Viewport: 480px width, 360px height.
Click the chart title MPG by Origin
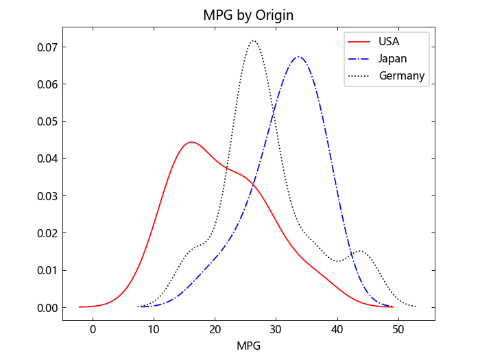tap(248, 14)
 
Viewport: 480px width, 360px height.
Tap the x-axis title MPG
tap(248, 346)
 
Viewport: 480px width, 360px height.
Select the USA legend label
tap(389, 41)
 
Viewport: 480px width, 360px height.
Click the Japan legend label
tap(393, 58)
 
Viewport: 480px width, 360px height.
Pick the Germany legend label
tap(402, 75)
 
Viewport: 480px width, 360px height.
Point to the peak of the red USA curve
tap(191, 142)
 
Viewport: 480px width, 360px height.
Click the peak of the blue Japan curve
tap(298, 56)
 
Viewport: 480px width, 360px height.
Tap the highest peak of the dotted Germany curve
tap(254, 40)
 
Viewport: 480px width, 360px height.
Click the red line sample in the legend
tap(360, 41)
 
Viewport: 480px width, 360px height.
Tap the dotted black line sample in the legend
tap(360, 75)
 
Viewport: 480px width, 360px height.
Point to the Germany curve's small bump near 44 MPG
tap(360, 251)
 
